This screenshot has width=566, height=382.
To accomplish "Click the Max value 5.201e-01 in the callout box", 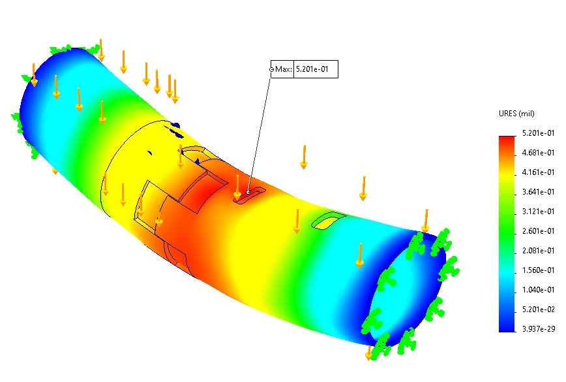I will click(x=316, y=69).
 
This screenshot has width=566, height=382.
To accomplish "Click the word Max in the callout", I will click(x=284, y=69).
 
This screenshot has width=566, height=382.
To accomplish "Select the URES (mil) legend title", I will click(x=516, y=114).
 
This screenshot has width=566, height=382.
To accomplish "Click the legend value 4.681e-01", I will click(x=539, y=153).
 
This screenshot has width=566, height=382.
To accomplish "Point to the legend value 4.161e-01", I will click(x=539, y=172).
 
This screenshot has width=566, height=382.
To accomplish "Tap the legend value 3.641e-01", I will click(x=539, y=192).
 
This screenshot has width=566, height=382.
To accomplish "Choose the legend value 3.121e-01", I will click(x=539, y=212).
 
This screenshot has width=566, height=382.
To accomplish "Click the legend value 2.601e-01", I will click(x=539, y=231).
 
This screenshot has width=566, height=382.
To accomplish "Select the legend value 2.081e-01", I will click(x=539, y=251).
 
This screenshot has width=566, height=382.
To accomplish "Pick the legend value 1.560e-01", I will click(x=539, y=270).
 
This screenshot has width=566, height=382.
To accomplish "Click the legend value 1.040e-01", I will click(x=539, y=290).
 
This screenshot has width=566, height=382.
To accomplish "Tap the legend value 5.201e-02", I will click(x=539, y=310).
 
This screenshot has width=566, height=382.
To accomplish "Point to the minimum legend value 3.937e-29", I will click(x=539, y=329).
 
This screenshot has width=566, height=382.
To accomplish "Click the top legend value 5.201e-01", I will click(x=539, y=133).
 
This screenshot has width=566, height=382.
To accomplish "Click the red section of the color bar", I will click(x=507, y=145).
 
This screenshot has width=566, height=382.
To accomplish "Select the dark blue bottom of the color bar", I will click(x=507, y=325).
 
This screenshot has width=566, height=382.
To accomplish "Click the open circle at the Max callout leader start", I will click(x=272, y=69).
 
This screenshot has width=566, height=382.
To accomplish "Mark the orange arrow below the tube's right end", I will click(x=368, y=353).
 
